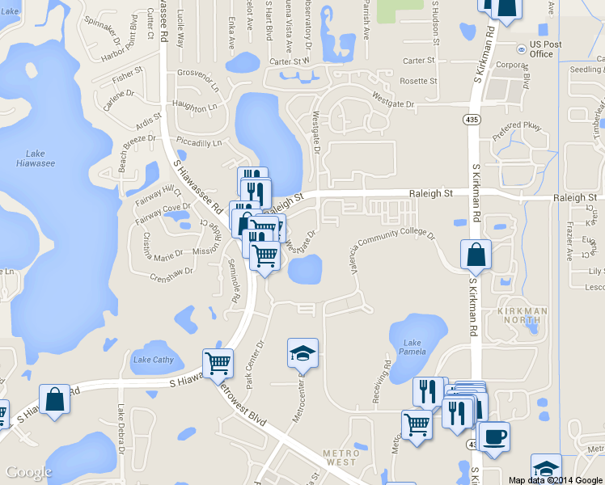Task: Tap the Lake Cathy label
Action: click(x=153, y=360)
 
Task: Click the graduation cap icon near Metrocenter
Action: click(x=302, y=353)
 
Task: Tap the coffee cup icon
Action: click(x=493, y=436)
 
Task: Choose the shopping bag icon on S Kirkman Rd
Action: click(x=476, y=255)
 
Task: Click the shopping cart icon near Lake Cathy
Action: click(x=218, y=363)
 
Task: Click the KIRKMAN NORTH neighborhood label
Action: click(x=522, y=315)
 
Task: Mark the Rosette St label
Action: click(x=418, y=81)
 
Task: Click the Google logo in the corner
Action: click(x=28, y=472)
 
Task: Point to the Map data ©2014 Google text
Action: click(x=556, y=479)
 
